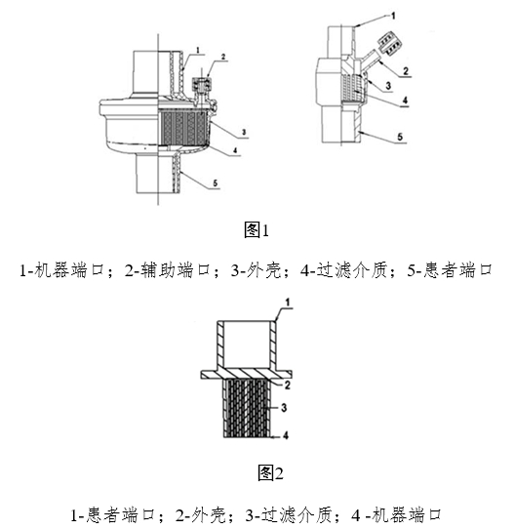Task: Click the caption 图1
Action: (256, 230)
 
